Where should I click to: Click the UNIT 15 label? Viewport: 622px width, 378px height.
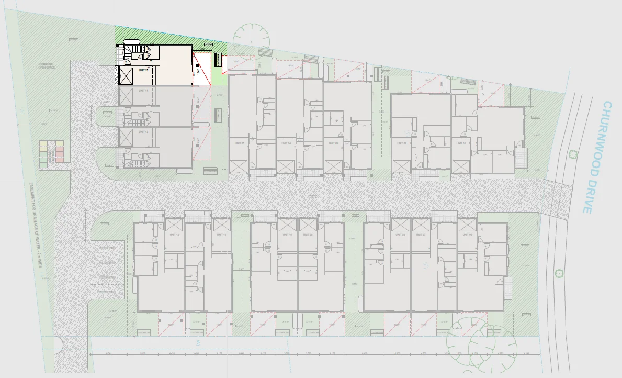(144, 70)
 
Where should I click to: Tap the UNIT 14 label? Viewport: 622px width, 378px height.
(143, 91)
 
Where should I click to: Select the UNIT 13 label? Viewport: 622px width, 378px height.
(143, 132)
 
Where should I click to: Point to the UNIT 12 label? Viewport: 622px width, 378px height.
(174, 235)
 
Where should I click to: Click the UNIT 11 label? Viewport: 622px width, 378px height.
(220, 235)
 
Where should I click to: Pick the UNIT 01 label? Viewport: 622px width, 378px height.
(461, 143)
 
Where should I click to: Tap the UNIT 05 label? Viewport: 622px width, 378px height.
(240, 143)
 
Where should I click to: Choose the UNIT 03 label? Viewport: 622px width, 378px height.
(332, 143)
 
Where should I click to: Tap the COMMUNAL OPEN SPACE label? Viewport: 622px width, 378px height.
(47, 66)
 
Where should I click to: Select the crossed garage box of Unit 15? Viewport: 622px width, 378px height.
(127, 76)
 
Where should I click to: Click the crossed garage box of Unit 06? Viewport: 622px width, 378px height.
(467, 224)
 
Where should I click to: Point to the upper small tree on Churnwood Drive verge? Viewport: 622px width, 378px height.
(573, 154)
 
